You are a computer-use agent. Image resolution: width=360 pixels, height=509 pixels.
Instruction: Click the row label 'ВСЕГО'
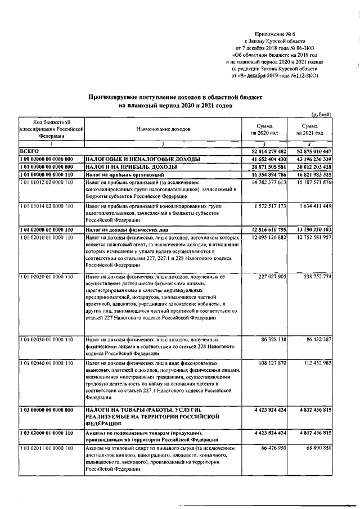point(29,151)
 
